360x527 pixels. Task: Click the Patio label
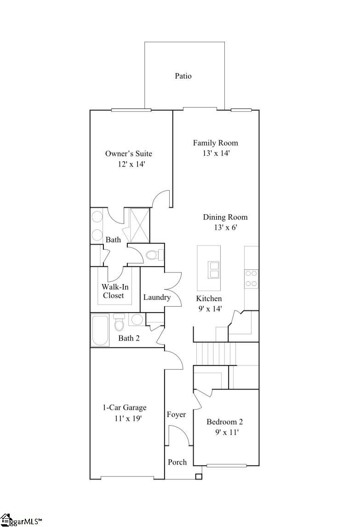point(183,76)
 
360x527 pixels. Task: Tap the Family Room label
point(215,143)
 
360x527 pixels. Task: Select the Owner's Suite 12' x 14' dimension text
point(131,164)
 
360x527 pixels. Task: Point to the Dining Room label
point(225,217)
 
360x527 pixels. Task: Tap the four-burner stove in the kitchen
point(251,278)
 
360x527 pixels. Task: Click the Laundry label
point(156,297)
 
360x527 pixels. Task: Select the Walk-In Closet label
point(113,291)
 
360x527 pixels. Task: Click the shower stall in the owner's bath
point(140,225)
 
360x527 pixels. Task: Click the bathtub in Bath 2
point(100,330)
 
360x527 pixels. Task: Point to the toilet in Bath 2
point(120,324)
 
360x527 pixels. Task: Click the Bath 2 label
point(129,338)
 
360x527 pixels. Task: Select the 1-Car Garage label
point(124,407)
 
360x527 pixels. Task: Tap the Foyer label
point(176,415)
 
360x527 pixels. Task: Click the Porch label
point(177,462)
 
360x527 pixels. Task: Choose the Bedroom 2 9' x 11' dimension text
point(227,432)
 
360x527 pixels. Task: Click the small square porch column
point(199,476)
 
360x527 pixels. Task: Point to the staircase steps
point(216,353)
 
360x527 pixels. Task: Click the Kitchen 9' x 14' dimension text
point(210,309)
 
